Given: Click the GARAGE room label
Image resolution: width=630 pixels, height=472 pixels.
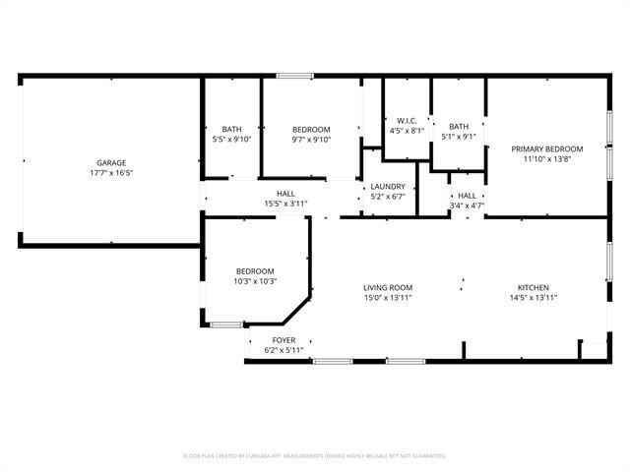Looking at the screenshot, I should click(x=110, y=163).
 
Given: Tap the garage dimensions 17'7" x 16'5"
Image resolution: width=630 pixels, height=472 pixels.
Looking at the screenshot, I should click(x=110, y=173).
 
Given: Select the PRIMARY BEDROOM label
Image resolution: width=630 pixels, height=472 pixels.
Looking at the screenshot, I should click(x=546, y=149).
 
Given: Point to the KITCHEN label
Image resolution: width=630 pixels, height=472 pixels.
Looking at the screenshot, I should click(x=535, y=287).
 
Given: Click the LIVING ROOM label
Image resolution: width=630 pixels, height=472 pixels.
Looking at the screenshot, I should click(x=387, y=287).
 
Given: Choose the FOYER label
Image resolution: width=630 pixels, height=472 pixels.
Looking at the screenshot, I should click(x=283, y=340).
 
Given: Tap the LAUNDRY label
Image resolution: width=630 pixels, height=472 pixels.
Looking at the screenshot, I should click(x=388, y=186).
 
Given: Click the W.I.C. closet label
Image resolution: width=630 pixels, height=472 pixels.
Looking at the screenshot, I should click(x=407, y=120).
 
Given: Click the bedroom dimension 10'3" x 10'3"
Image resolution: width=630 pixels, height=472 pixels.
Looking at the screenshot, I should click(x=255, y=281).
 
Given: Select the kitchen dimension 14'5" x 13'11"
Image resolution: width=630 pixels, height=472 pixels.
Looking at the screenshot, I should click(x=535, y=297).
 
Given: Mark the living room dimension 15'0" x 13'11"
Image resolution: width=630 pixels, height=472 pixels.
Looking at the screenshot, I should click(x=387, y=297).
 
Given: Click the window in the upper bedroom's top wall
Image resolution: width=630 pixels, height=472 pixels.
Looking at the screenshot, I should click(x=293, y=76).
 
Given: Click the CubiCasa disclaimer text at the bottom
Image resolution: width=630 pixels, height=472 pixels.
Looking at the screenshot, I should click(x=315, y=456).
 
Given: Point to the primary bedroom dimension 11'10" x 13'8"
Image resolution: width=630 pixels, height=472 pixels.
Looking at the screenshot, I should click(x=546, y=159).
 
